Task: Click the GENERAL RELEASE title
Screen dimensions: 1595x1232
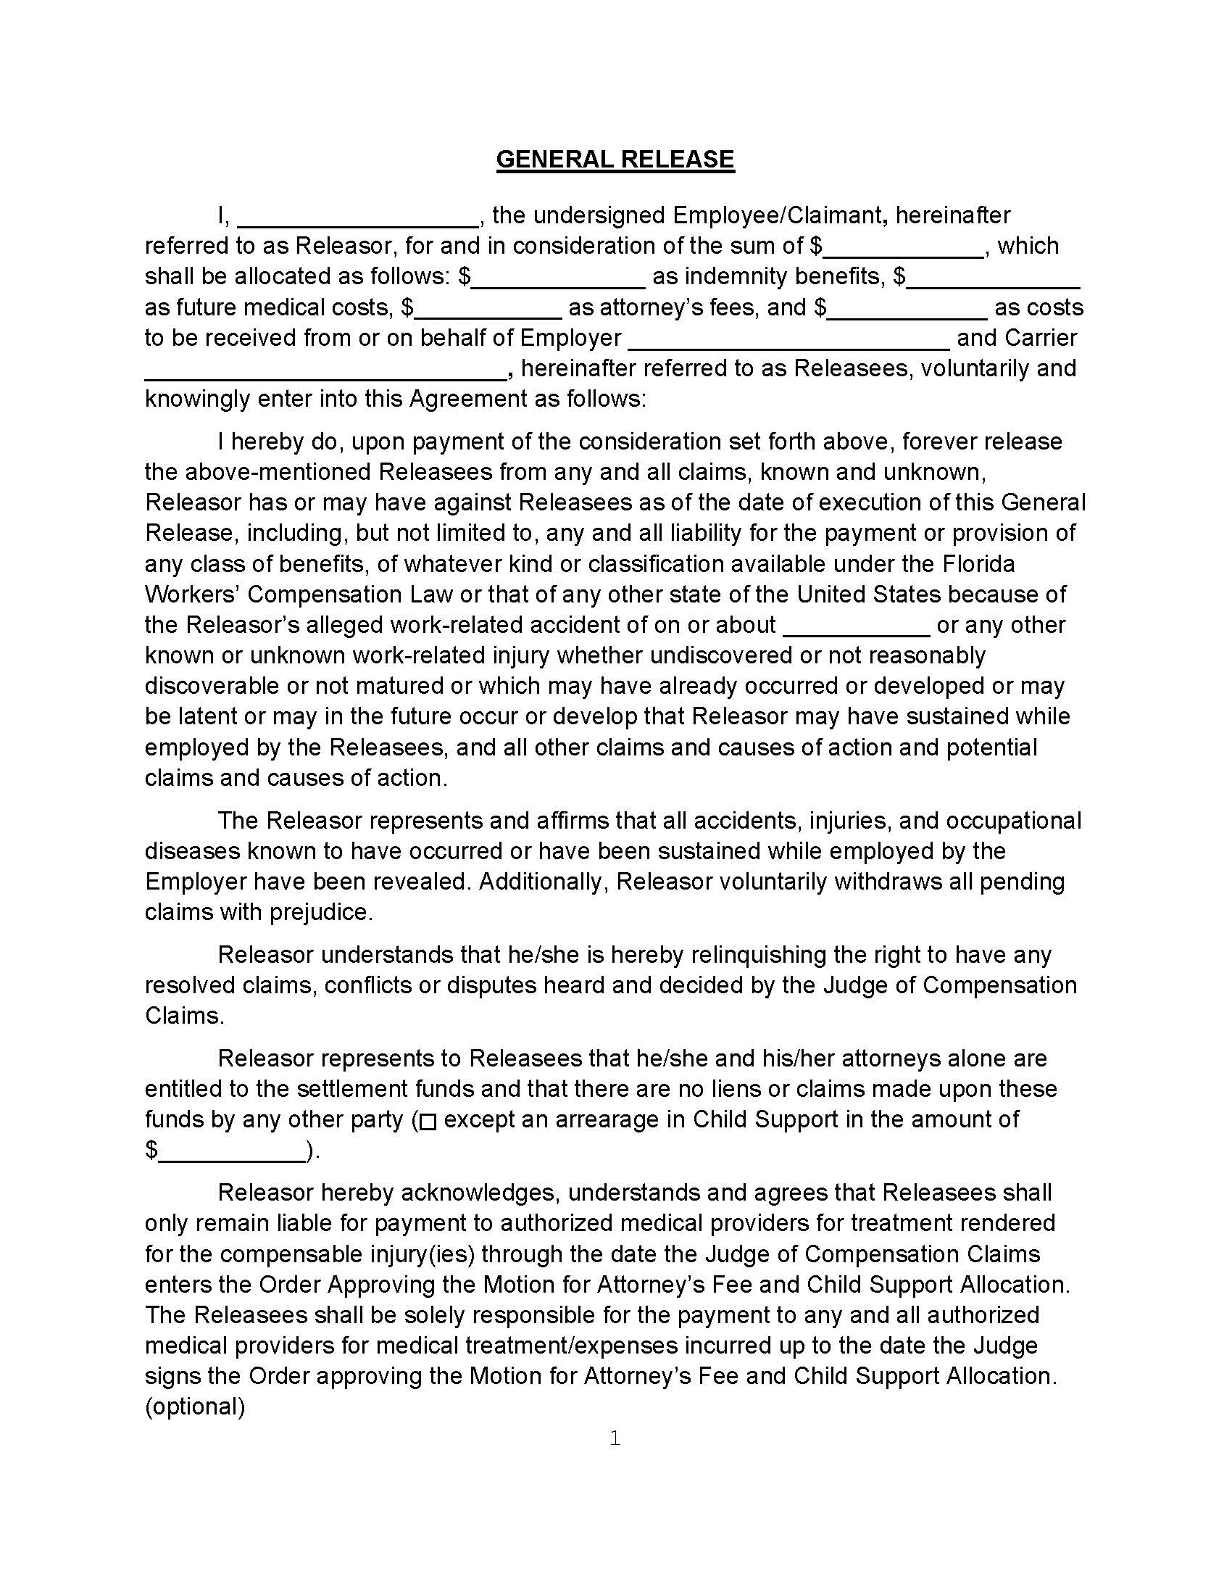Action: [x=615, y=159]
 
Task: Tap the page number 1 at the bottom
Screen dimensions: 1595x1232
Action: [x=615, y=1438]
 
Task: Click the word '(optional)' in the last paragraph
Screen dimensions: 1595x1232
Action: [x=195, y=1406]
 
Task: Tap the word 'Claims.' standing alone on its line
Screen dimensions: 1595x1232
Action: [x=185, y=1016]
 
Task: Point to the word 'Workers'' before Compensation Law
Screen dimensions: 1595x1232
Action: [x=192, y=594]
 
